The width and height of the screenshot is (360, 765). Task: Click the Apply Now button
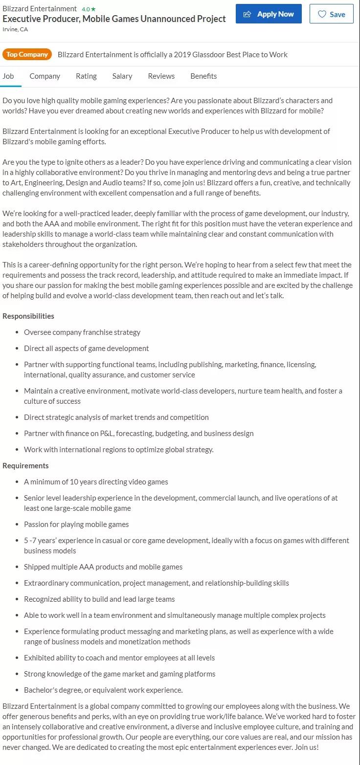click(269, 14)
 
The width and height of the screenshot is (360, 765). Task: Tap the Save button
click(331, 14)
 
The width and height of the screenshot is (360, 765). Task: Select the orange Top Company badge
click(27, 54)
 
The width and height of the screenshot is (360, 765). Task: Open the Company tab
click(45, 76)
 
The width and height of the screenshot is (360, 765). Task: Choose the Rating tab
click(86, 76)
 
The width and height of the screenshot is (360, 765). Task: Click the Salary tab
click(122, 76)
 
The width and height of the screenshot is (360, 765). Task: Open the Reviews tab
click(161, 76)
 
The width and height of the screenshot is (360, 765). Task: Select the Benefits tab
click(203, 76)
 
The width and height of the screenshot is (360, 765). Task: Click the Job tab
click(8, 76)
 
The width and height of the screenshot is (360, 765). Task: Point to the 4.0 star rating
click(89, 9)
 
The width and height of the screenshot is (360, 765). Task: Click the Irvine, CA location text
click(15, 29)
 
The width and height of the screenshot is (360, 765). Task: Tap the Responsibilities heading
click(28, 316)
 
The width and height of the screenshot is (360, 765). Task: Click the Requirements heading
click(25, 466)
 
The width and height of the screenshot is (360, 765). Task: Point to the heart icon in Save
click(322, 14)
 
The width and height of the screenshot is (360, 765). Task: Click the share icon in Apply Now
click(247, 14)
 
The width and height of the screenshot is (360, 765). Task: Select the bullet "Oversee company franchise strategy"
click(82, 332)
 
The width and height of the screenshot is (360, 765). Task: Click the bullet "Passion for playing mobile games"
click(76, 525)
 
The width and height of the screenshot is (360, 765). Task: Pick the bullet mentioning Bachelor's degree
click(103, 690)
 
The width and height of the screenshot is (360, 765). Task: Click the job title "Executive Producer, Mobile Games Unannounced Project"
click(114, 19)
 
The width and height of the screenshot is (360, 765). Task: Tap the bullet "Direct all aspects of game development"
click(87, 349)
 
